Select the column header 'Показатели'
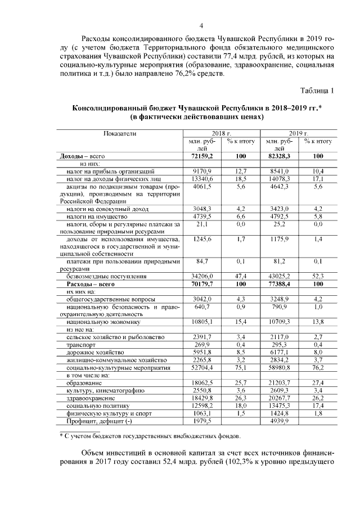click(119, 133)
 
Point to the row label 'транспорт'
click(80, 344)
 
